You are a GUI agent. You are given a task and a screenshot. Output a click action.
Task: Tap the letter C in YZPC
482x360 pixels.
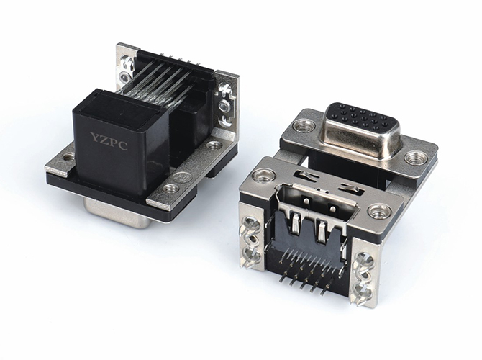coord(123,145)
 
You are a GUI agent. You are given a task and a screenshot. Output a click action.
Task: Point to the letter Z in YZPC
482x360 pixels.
coord(104,140)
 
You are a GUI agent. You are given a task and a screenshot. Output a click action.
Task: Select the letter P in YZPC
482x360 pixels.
coord(114,142)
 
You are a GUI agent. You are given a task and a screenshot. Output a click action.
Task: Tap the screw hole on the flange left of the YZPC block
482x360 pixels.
coord(68,158)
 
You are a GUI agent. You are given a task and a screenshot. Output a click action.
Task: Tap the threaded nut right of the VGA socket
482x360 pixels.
coord(416,158)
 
